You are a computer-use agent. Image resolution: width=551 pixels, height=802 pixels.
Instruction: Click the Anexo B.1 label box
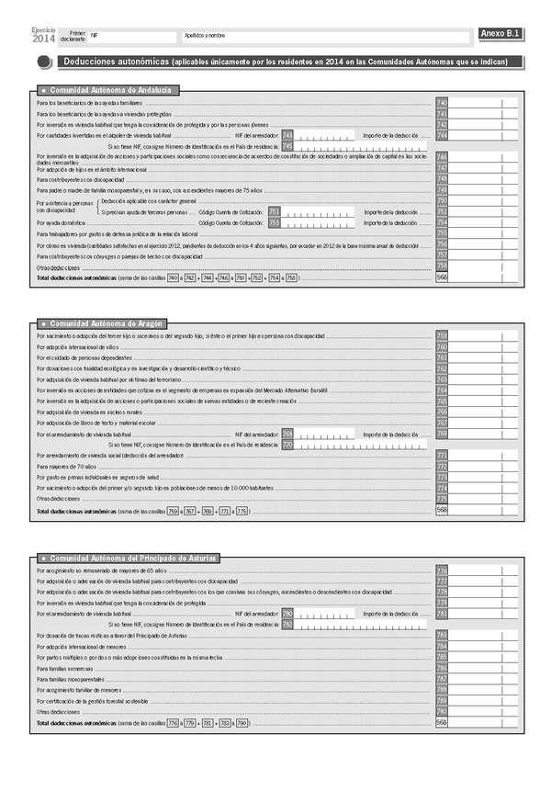point(501,34)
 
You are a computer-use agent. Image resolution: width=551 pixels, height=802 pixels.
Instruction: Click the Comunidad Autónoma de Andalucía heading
point(108,90)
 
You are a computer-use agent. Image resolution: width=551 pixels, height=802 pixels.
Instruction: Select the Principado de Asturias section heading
point(125,558)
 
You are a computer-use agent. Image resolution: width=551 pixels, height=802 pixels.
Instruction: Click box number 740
point(442,102)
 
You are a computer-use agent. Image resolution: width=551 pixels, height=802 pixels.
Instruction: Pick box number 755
point(442,234)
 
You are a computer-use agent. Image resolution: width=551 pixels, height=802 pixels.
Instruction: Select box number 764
point(442,390)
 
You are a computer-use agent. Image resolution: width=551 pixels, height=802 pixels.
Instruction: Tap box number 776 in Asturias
point(442,570)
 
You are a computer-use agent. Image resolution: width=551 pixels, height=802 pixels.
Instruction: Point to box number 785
point(442,657)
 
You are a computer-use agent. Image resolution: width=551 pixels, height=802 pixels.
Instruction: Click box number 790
point(442,711)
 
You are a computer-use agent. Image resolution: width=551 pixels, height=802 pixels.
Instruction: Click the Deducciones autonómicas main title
point(114,62)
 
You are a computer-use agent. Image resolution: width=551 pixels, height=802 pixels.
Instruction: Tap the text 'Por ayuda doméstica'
point(61,222)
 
